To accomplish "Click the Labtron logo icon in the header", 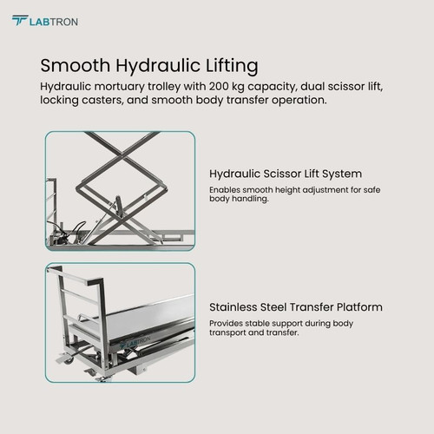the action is pos(20,20).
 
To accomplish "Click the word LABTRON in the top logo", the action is pos(54,22).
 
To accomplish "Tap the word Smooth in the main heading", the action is pos(76,65).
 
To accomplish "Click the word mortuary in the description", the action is pos(120,87).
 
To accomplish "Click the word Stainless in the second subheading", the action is pos(233,307).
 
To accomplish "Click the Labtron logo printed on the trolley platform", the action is pos(135,343).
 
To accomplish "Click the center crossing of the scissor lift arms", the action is pos(122,156).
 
